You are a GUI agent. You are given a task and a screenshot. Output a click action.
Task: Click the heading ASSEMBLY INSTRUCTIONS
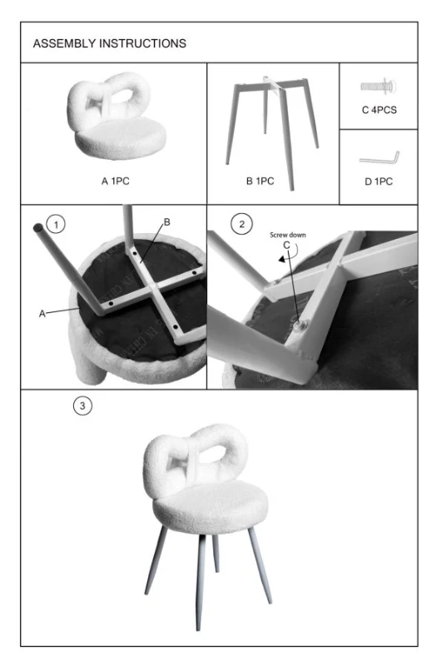(109, 43)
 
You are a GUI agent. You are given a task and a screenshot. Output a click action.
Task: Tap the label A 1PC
(114, 180)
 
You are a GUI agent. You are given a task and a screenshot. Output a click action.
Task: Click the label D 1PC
(378, 181)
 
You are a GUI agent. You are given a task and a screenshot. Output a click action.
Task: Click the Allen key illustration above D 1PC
(379, 157)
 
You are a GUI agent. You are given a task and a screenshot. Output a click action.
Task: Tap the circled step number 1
(55, 224)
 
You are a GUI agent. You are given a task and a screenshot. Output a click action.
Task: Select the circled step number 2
(242, 224)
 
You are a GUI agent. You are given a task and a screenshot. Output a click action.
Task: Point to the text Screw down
(288, 235)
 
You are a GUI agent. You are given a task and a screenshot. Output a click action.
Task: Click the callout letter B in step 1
(166, 222)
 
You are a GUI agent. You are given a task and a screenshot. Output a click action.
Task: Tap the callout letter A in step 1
(42, 314)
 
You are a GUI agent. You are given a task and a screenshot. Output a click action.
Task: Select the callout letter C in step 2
(287, 246)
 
